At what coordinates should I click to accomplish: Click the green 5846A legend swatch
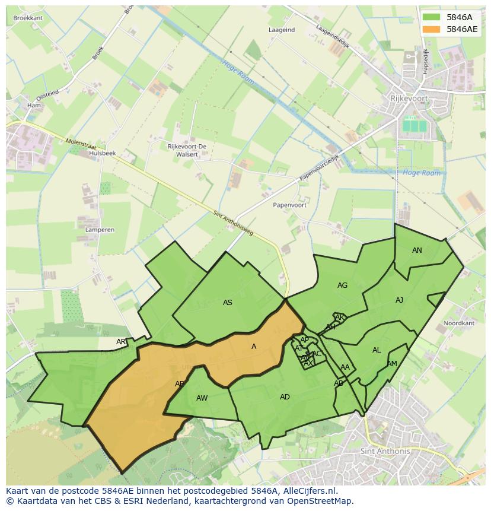(431, 18)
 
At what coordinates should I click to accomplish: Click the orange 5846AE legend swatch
(431, 29)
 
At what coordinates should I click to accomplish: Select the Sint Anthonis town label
(385, 451)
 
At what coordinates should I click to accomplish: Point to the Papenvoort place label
(289, 205)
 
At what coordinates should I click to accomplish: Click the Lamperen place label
(100, 229)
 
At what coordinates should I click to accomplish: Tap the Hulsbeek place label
(102, 153)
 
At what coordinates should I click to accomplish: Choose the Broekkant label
(28, 18)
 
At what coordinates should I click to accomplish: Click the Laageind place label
(282, 30)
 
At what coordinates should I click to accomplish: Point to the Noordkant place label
(459, 323)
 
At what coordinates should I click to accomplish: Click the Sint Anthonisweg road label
(233, 223)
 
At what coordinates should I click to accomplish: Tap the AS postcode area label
(228, 303)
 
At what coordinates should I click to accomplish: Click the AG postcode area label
(342, 285)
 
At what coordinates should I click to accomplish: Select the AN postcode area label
(417, 250)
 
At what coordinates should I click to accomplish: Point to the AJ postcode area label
(399, 300)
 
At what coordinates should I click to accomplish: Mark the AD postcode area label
(285, 397)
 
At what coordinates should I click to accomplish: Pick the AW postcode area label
(202, 398)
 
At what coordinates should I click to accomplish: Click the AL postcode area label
(377, 350)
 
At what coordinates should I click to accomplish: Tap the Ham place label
(33, 106)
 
